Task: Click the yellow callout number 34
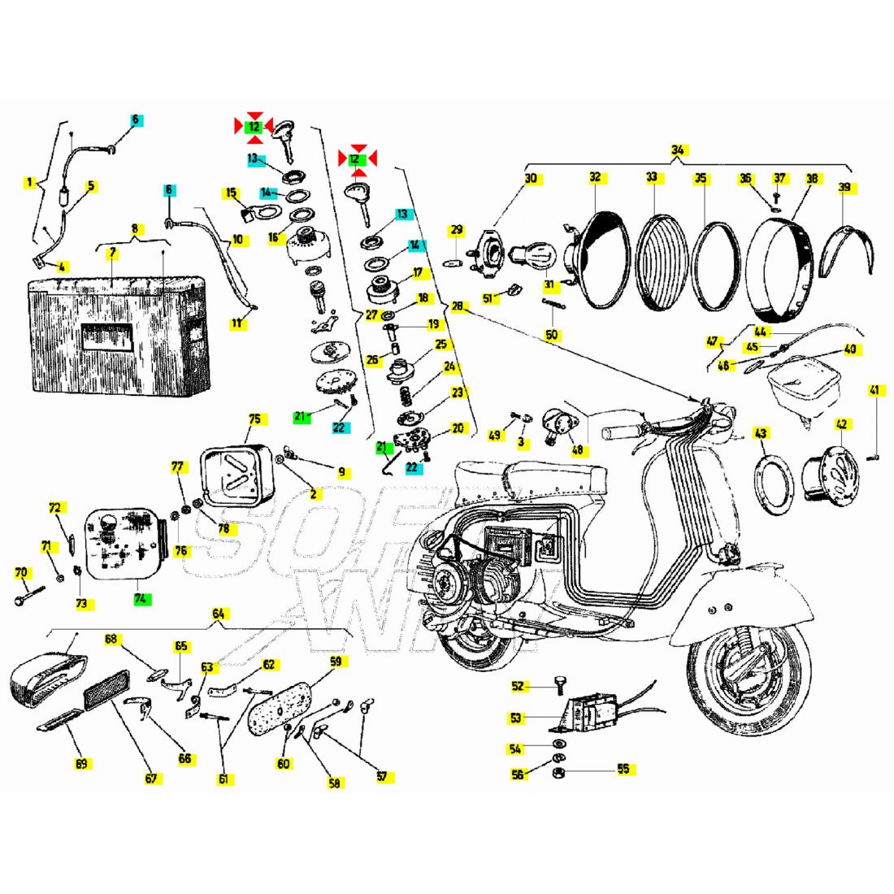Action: tap(678, 150)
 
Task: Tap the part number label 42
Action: tap(841, 424)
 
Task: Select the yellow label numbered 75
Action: tap(255, 419)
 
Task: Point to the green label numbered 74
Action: tap(142, 599)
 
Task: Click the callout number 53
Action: tap(516, 718)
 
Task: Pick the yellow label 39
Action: tap(844, 188)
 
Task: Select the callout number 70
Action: tap(21, 573)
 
